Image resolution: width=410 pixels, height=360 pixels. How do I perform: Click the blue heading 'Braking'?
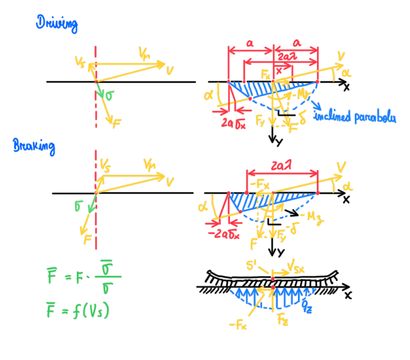coord(34,147)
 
